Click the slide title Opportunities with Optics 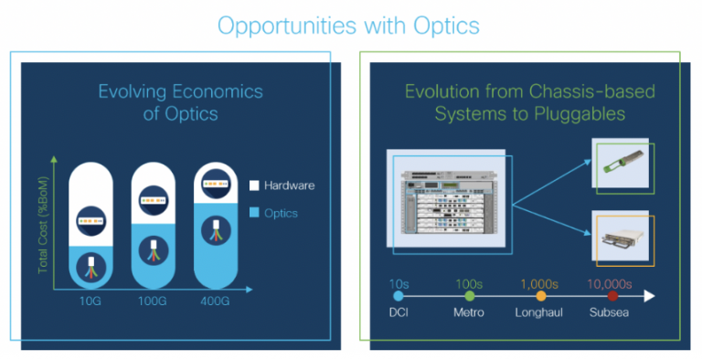[347, 24]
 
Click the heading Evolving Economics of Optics [180, 101]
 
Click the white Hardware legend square [254, 185]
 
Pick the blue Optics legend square [254, 212]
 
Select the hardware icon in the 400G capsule [215, 185]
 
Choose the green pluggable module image [621, 167]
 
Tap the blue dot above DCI [397, 296]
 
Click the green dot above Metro [470, 296]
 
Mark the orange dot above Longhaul [541, 296]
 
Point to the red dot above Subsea [612, 296]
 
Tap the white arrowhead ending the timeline [649, 296]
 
